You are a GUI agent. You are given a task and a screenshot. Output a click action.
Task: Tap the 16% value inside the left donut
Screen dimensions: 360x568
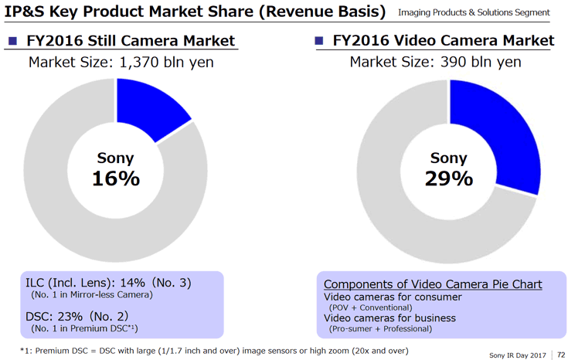pos(116,178)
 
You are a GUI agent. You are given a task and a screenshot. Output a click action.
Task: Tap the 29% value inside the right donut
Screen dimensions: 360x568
pos(448,178)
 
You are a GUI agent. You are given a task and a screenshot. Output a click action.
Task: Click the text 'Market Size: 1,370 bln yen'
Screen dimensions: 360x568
pos(121,62)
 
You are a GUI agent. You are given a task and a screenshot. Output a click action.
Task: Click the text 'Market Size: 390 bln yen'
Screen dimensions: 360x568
pos(435,62)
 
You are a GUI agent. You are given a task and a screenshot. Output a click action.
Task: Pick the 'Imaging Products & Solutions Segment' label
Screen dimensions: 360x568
pos(474,13)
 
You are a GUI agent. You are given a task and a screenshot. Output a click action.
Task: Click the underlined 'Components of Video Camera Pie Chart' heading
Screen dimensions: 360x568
pos(432,284)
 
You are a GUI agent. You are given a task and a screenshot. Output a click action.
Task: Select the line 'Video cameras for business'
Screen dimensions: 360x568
pos(389,318)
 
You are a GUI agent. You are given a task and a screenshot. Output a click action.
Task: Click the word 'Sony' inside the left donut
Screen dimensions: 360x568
pos(116,158)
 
